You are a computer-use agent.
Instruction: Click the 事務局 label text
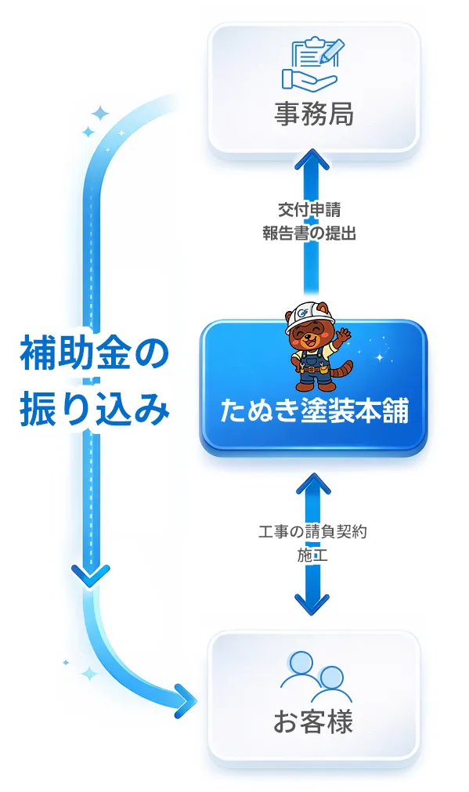coord(313,114)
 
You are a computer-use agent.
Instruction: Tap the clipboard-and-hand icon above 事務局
coord(313,62)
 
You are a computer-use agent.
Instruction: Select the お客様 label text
coord(313,721)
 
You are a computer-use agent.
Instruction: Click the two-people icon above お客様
coord(315,676)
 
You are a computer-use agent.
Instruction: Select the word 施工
coord(311,555)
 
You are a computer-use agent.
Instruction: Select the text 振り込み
coord(93,409)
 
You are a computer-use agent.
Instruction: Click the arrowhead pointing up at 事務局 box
coord(312,164)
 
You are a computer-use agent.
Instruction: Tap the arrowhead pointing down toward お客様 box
coord(312,604)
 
